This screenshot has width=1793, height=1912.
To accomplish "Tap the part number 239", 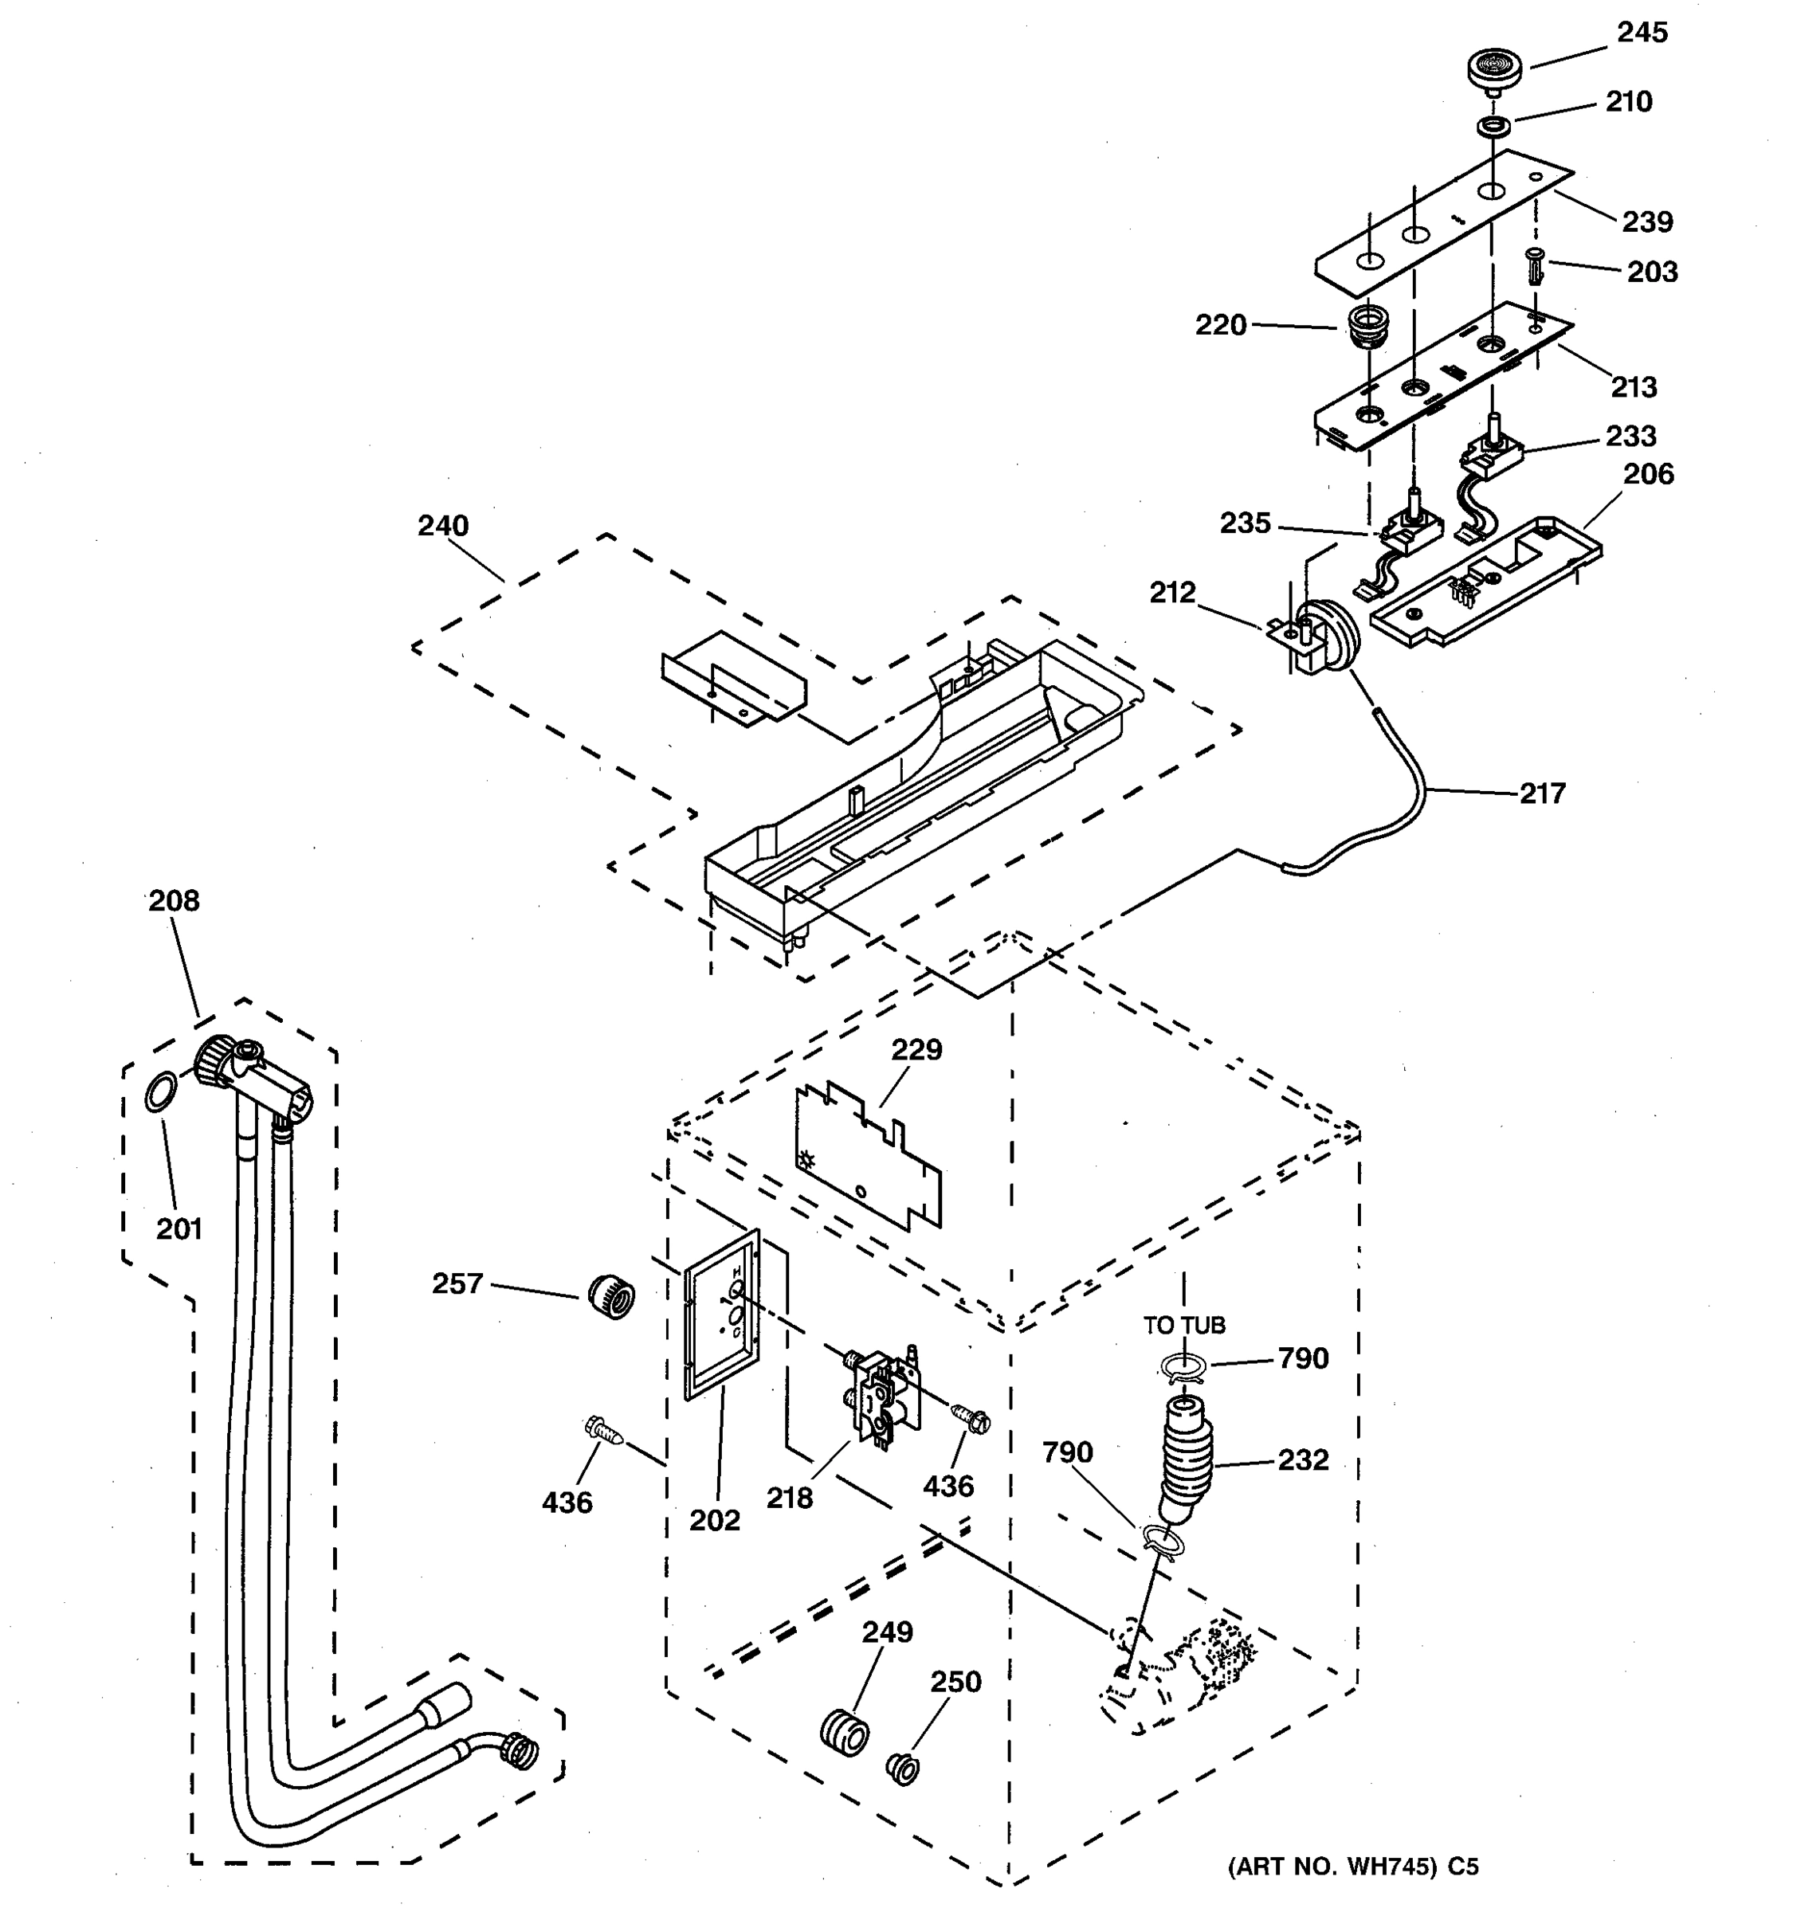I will click(1648, 222).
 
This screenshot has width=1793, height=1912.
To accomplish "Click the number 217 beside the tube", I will click(1543, 793).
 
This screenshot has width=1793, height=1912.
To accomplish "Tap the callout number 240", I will click(442, 526).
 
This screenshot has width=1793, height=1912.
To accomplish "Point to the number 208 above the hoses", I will click(174, 900).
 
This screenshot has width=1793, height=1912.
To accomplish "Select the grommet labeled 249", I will click(844, 1733).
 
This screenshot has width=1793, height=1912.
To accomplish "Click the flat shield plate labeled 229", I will click(865, 1154).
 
